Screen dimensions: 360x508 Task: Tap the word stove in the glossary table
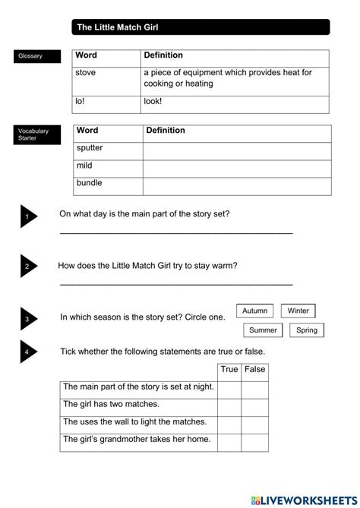point(85,72)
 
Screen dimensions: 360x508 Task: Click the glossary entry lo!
point(81,100)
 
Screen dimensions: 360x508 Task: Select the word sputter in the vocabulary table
point(90,148)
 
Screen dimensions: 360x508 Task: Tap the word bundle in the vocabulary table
point(89,183)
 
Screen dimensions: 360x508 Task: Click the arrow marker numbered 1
point(27,217)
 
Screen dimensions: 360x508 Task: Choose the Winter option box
point(298,311)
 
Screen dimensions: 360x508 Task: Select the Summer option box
point(263,330)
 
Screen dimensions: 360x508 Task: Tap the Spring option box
point(307,330)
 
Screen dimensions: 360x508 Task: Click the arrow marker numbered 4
point(27,352)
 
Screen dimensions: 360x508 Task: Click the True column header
point(229,370)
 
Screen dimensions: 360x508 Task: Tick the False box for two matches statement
point(255,405)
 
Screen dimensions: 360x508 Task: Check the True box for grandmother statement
point(229,440)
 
